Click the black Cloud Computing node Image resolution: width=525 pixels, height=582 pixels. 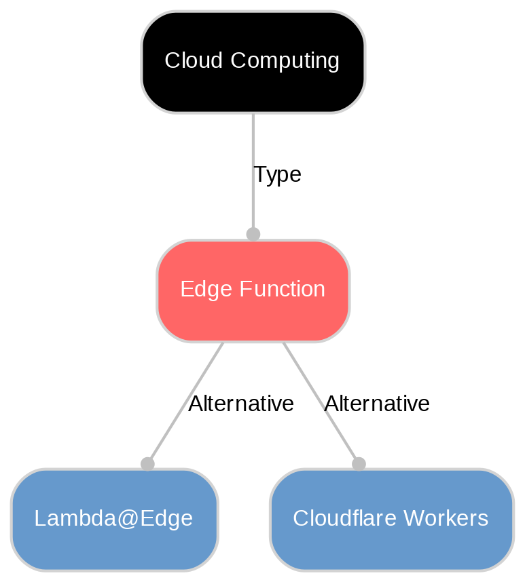253,62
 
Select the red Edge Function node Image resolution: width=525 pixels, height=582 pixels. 253,290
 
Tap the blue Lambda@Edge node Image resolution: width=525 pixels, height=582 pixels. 114,519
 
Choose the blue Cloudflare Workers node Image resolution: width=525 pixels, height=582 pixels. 391,519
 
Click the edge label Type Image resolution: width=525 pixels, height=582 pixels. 277,175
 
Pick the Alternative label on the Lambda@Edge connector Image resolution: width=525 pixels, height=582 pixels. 241,404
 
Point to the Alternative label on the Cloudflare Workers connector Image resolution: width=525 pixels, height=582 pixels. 377,404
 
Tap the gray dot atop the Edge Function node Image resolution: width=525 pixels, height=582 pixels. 253,234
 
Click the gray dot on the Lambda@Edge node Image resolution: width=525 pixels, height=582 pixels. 147,463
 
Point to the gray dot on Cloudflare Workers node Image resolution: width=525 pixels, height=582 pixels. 359,463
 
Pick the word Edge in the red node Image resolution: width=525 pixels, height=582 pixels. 202,290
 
